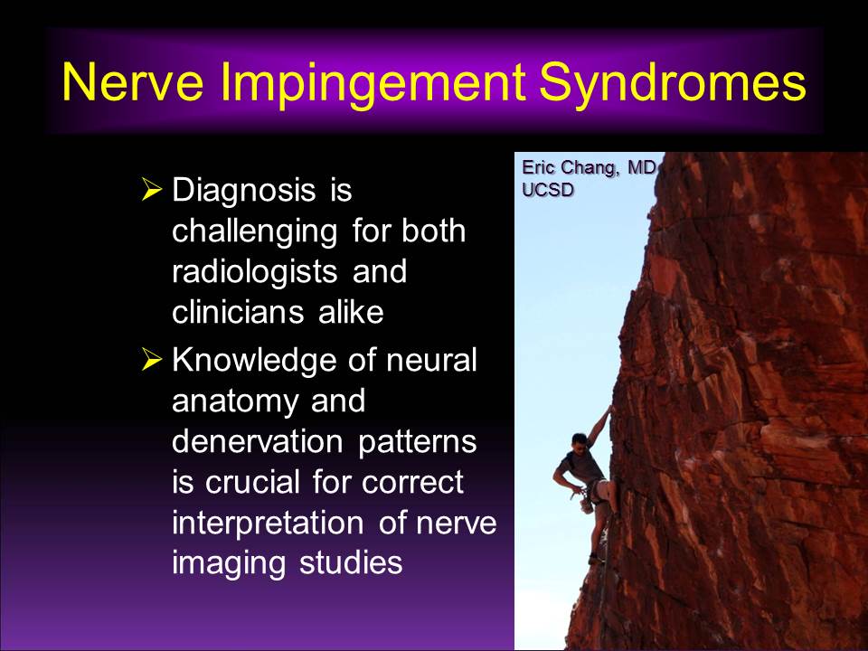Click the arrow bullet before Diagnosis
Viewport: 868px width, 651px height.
(x=151, y=189)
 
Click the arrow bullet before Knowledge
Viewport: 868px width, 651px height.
(x=151, y=359)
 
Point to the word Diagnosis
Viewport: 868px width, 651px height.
(x=243, y=192)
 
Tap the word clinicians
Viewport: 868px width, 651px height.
(x=238, y=312)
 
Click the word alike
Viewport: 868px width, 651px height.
(x=351, y=312)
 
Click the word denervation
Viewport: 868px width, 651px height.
(x=258, y=441)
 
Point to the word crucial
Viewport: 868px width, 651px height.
(x=252, y=482)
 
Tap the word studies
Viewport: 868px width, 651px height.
(x=351, y=561)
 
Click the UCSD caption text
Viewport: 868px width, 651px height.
(x=548, y=190)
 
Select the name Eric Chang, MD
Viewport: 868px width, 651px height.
(x=589, y=168)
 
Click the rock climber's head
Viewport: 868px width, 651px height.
(x=579, y=442)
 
